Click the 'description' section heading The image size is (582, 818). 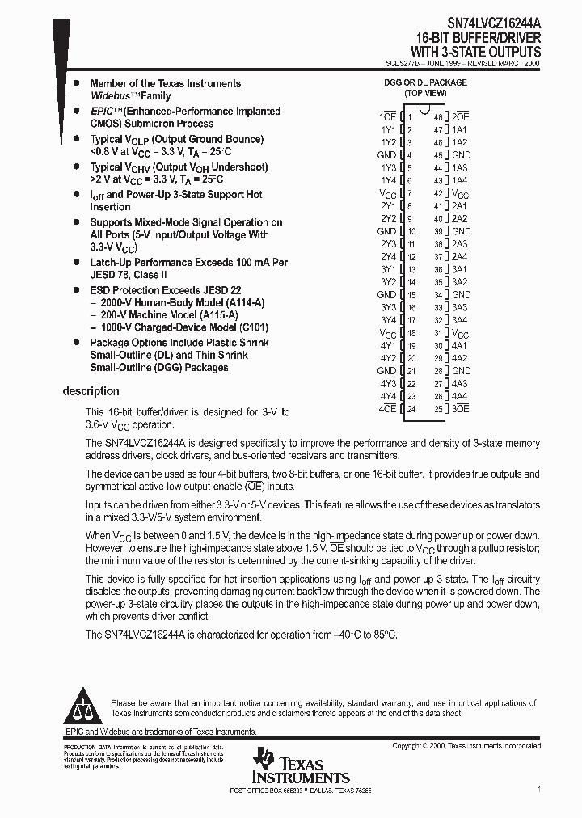tap(91, 391)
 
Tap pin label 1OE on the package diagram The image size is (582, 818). tap(386, 117)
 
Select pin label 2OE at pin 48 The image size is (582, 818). tap(461, 117)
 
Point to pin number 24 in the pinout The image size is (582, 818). tap(410, 409)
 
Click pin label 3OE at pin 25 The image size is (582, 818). tap(461, 409)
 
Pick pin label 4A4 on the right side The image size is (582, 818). tap(460, 396)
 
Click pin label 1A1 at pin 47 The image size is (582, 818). tap(460, 129)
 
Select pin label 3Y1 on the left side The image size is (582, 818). tap(388, 269)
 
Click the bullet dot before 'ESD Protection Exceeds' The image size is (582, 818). tap(75, 289)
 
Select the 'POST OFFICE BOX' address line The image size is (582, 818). tap(301, 790)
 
